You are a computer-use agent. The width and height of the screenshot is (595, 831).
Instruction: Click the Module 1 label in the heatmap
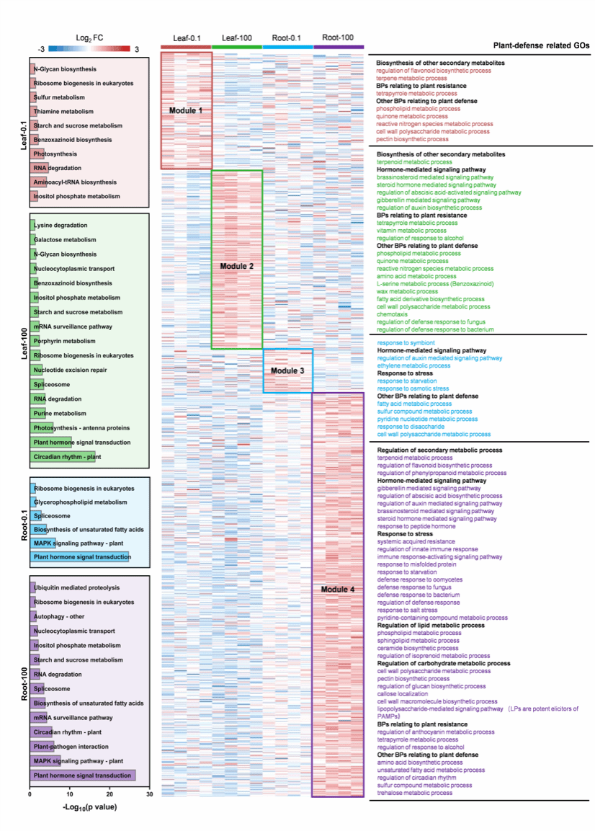(186, 110)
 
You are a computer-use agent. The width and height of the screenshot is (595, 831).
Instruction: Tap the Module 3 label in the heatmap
(287, 370)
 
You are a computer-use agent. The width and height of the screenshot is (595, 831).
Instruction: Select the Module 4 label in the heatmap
(338, 590)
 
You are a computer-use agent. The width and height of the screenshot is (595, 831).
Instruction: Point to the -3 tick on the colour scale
(42, 49)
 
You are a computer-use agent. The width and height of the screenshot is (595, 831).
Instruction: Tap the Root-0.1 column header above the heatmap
(287, 37)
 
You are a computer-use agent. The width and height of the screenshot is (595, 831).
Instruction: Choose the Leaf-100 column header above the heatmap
(237, 37)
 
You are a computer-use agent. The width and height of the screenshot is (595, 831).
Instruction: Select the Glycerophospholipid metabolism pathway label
(80, 502)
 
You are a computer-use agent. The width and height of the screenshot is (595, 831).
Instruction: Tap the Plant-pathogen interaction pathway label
(71, 747)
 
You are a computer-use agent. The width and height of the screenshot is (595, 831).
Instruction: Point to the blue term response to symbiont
(406, 342)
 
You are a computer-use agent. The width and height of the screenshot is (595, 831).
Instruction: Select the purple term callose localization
(404, 693)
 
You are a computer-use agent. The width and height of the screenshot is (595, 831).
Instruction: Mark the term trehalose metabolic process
(415, 793)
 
